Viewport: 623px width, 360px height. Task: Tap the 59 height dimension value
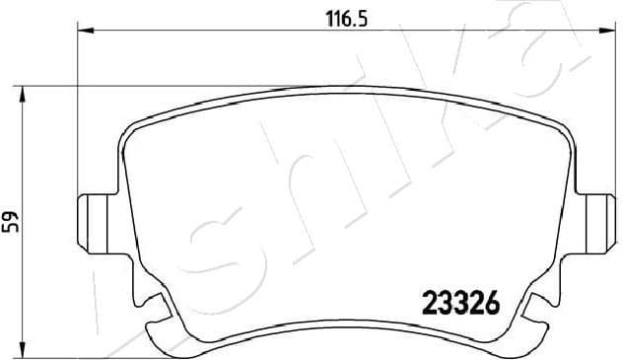coord(12,222)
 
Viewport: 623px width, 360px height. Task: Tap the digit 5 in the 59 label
coord(12,229)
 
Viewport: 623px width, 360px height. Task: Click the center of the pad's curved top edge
coord(345,89)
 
